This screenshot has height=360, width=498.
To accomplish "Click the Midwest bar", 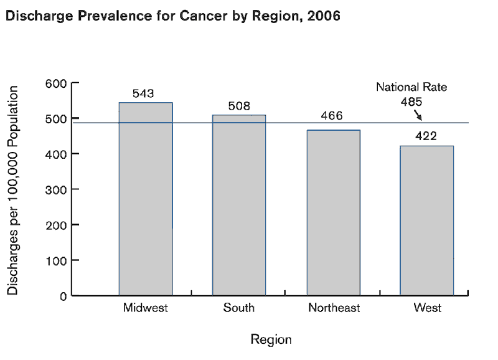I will (x=146, y=199).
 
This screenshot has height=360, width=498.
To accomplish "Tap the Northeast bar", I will (x=333, y=212).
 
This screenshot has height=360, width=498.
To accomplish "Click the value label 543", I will (x=144, y=93).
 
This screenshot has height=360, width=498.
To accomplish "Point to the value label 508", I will (x=239, y=106).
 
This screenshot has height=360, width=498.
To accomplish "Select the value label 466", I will (x=332, y=116).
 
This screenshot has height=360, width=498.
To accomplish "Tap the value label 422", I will (x=426, y=136).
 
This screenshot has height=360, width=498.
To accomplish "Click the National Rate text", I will (x=411, y=88).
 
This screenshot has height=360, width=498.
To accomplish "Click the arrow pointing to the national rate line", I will (x=418, y=116).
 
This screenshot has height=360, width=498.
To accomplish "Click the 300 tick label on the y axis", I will (x=55, y=189).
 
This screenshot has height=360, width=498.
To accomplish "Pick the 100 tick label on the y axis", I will (x=55, y=260).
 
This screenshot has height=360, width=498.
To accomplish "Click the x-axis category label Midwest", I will (x=146, y=308).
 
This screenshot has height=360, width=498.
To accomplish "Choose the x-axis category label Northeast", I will (x=334, y=308).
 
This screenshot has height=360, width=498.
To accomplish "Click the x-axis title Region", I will (x=271, y=339).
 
